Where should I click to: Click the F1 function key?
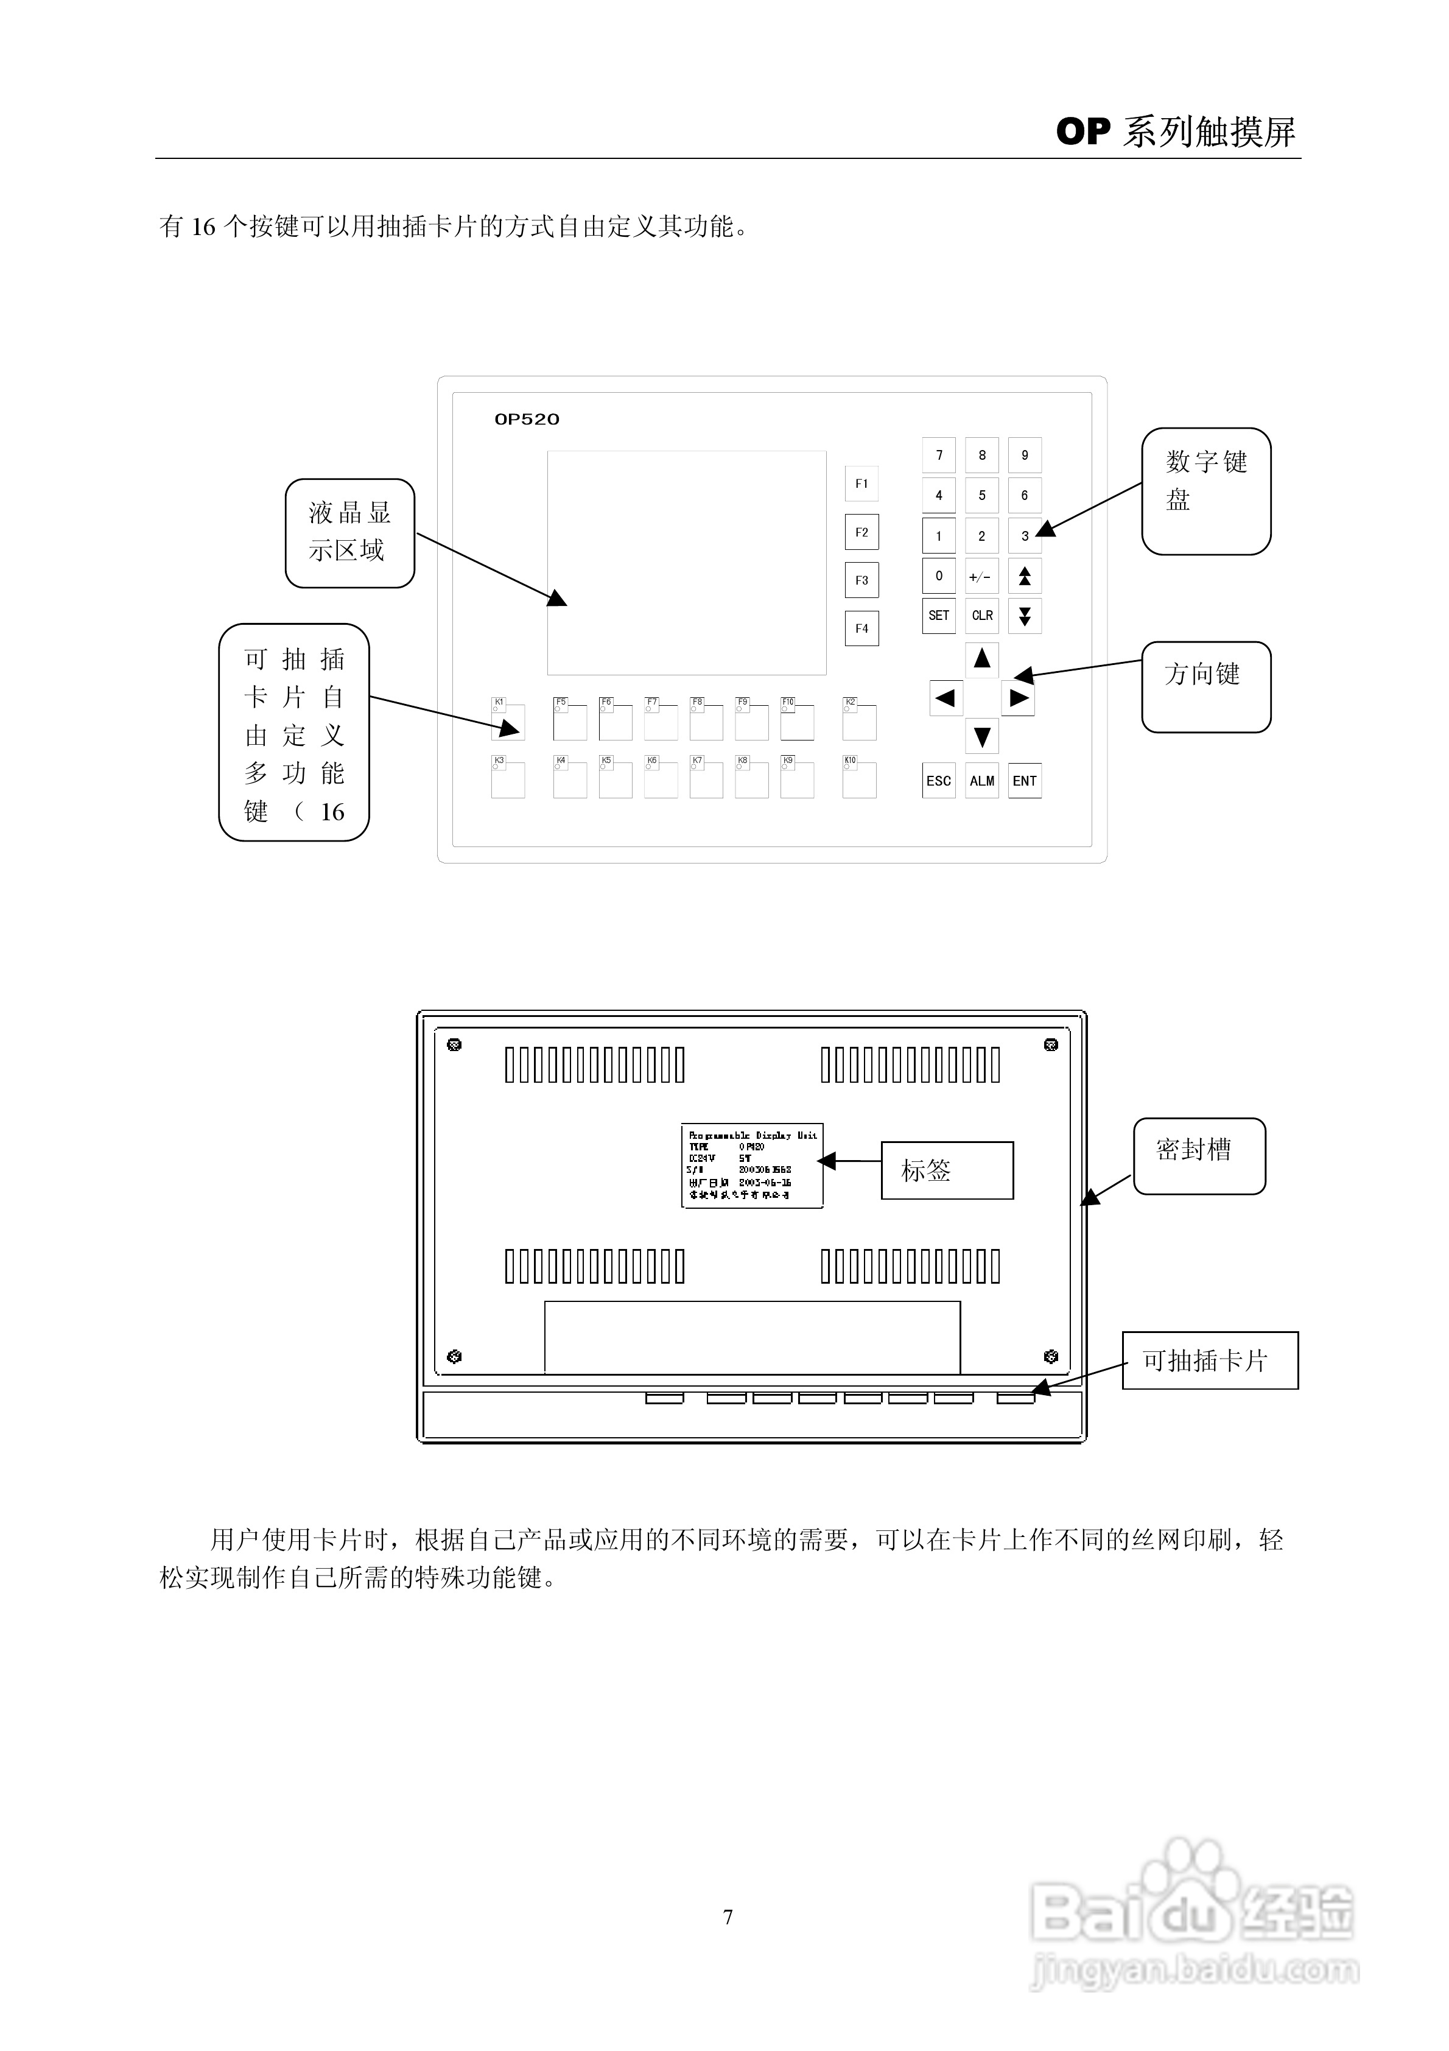(861, 484)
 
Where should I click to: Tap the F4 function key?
(861, 628)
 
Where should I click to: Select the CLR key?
(982, 616)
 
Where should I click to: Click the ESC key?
(938, 781)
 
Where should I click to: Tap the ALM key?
(982, 781)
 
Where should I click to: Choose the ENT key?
(1025, 781)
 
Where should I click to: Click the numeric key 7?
(938, 456)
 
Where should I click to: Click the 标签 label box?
(946, 1170)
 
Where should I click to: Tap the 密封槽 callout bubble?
(1199, 1156)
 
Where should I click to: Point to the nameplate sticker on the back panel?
(751, 1166)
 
